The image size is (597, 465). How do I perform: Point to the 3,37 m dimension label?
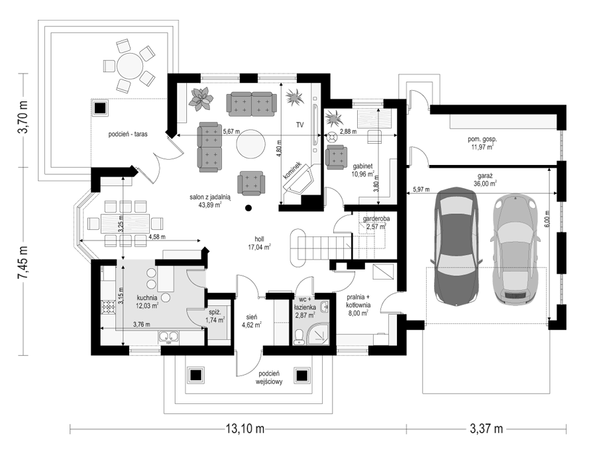[x=486, y=429]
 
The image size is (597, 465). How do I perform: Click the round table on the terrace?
[x=129, y=66]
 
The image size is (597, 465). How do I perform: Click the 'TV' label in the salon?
[x=300, y=125]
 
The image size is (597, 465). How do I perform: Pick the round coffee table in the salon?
[x=250, y=144]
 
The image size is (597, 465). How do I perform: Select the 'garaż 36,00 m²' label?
[x=484, y=180]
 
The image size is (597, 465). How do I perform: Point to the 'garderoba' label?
[x=376, y=219]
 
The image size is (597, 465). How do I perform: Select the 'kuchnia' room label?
[x=146, y=297]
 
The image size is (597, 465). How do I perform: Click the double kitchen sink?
[x=169, y=337]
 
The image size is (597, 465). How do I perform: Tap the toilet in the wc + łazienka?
[x=299, y=337]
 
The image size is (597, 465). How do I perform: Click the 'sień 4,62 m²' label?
[x=252, y=321]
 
